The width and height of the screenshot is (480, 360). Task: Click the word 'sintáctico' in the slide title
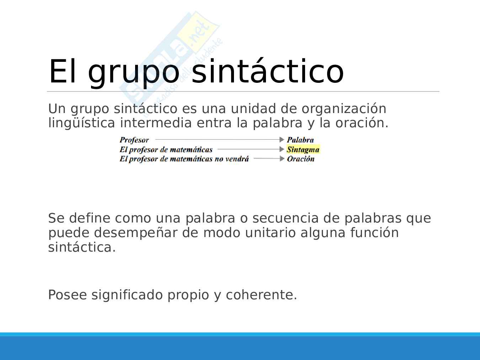(268, 71)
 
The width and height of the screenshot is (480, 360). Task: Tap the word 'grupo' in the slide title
(134, 73)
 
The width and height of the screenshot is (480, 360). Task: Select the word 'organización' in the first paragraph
(344, 109)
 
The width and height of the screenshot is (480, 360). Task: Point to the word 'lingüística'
(81, 123)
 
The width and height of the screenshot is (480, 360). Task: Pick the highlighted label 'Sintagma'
(303, 150)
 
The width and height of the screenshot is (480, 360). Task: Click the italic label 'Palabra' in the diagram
(300, 140)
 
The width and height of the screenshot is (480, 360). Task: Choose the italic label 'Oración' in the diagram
(301, 159)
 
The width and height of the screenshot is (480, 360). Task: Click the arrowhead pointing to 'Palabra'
(282, 139)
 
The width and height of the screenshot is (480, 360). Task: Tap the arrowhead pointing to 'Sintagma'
(282, 149)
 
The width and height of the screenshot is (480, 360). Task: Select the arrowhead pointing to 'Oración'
(282, 158)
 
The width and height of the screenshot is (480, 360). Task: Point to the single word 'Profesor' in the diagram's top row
(134, 140)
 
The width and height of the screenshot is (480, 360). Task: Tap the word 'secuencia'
(286, 218)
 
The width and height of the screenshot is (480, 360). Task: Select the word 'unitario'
(270, 232)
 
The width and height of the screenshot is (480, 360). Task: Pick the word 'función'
(375, 232)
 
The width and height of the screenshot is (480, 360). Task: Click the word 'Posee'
(67, 295)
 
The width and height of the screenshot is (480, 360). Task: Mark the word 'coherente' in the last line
(259, 295)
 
